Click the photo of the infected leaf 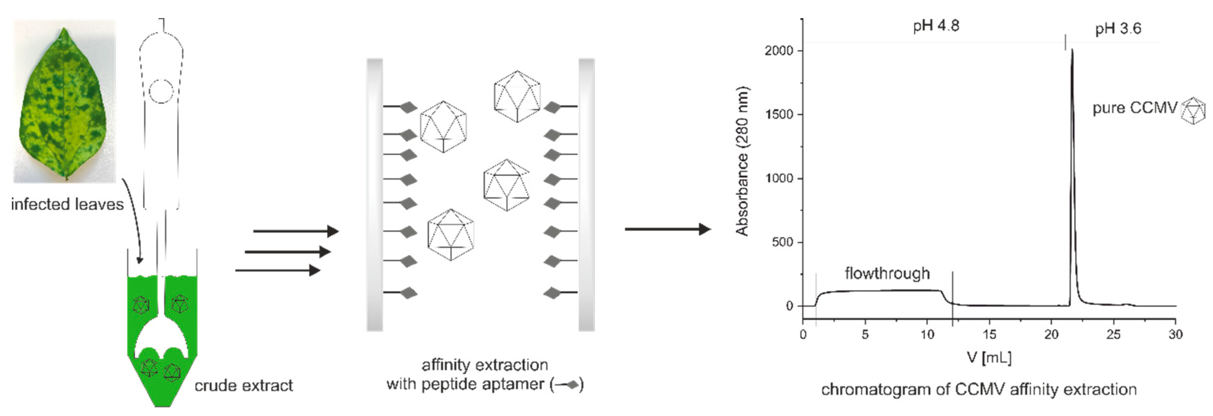coord(64,101)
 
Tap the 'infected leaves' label coord(67,204)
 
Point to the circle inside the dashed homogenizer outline coord(161,91)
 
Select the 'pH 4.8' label coord(936,25)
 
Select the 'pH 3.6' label coord(1118,29)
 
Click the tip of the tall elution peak coord(1072,50)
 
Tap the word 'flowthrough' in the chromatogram coord(887,273)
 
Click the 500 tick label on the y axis coord(783,242)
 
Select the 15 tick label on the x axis coord(989,334)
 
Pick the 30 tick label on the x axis coord(1175,334)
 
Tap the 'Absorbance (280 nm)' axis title coord(742,161)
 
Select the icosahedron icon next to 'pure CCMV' coord(1193,111)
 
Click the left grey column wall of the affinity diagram coord(375,195)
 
